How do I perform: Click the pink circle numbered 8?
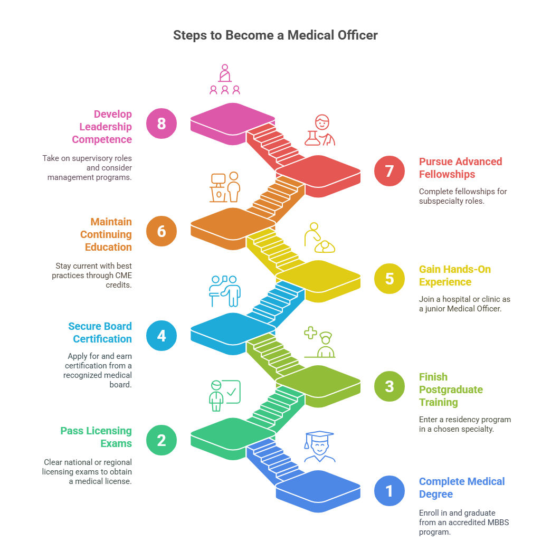(x=161, y=123)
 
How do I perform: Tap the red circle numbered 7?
(x=389, y=171)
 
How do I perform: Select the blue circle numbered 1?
(x=389, y=491)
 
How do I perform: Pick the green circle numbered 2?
(x=161, y=440)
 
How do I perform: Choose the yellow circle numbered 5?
(x=389, y=279)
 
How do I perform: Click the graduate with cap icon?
(x=319, y=446)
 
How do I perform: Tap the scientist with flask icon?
(x=319, y=130)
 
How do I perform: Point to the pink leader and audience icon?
(x=225, y=79)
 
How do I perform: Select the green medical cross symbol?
(x=311, y=333)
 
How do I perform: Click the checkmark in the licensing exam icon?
(x=232, y=392)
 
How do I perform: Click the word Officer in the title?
(x=357, y=35)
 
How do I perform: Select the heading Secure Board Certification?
(x=100, y=332)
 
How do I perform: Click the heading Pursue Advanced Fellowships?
(x=460, y=168)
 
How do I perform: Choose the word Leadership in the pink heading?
(x=106, y=127)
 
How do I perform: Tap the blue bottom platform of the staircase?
(x=318, y=491)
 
